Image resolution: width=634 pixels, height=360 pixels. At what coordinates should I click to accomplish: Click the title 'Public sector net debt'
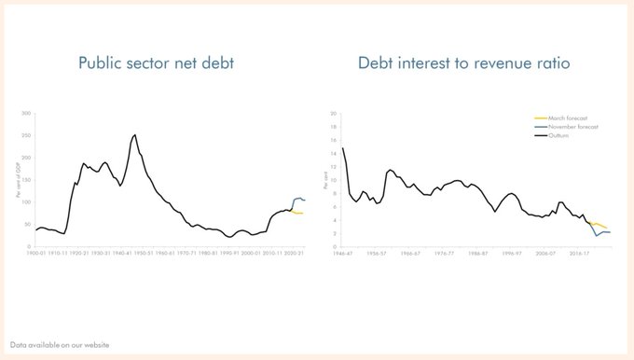[x=158, y=63]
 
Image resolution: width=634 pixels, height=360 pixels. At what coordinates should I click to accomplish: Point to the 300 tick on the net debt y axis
[x=26, y=114]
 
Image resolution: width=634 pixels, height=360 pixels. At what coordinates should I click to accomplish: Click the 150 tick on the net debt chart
[x=26, y=180]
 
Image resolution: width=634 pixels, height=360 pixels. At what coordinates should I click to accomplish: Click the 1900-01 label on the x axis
[x=37, y=253]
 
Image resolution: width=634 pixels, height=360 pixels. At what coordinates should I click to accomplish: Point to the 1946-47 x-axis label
[x=342, y=253]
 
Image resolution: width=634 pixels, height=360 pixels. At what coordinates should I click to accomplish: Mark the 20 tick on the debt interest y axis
[x=334, y=114]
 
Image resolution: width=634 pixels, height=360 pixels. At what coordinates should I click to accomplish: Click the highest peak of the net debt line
[x=135, y=134]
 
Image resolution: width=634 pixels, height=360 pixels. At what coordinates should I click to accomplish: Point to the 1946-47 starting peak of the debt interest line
[x=343, y=148]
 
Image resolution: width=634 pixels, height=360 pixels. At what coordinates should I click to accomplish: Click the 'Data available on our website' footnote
[x=61, y=345]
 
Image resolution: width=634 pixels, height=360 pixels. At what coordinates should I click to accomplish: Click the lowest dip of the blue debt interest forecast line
[x=597, y=236]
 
